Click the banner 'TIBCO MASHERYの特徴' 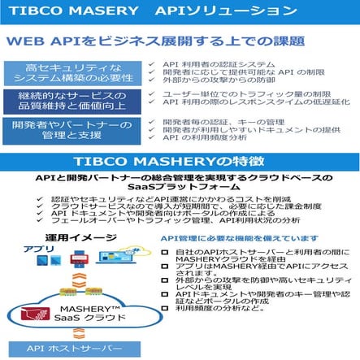180,160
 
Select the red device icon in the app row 79,259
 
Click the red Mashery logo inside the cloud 40,315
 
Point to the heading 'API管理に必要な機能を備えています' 239,238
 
